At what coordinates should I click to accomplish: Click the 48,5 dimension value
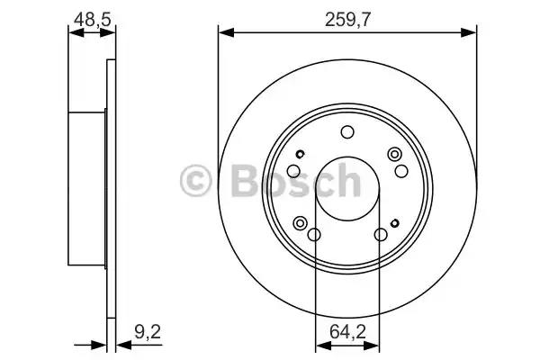[93, 19]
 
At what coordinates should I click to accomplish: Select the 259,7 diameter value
[347, 20]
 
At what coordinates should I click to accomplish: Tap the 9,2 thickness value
[148, 332]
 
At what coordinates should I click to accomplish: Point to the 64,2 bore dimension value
[347, 332]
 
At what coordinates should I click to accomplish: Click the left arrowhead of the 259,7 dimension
[226, 32]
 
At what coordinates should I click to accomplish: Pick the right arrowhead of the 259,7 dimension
[469, 32]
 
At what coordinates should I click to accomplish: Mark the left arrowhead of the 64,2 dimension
[323, 346]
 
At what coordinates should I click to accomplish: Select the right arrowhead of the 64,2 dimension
[371, 346]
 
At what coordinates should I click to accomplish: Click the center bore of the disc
[347, 189]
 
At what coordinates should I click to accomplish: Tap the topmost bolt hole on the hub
[347, 132]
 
